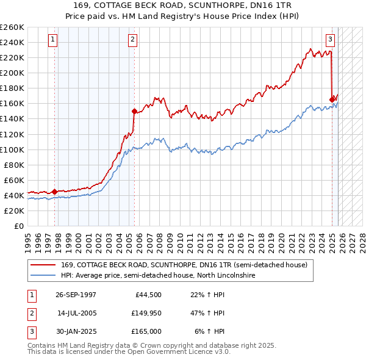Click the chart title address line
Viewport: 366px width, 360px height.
click(183, 5)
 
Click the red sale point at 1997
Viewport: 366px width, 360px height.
click(55, 192)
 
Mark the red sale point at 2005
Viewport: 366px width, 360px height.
click(134, 111)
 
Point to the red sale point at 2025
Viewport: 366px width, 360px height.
click(332, 99)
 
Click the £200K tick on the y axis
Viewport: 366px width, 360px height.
click(12, 73)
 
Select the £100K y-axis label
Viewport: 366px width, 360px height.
click(12, 149)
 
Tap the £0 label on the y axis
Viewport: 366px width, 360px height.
click(19, 226)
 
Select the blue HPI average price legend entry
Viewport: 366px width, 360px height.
click(157, 276)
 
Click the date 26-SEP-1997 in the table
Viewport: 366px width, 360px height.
click(76, 295)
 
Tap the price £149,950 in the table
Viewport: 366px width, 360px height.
click(146, 313)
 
